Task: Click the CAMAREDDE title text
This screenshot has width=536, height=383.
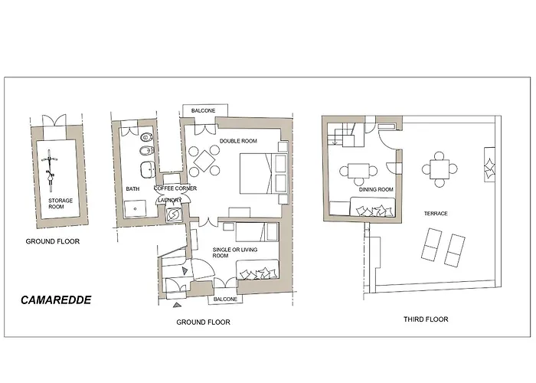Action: click(56, 300)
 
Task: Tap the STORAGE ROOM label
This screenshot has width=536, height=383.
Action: click(60, 204)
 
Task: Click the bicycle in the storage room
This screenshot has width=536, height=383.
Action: click(50, 170)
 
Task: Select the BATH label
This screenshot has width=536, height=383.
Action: click(132, 188)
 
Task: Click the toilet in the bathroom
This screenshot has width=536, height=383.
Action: click(147, 137)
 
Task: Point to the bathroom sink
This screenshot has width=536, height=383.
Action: click(148, 169)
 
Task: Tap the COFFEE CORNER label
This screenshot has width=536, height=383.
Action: click(175, 188)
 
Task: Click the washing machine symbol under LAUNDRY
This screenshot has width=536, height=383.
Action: click(173, 214)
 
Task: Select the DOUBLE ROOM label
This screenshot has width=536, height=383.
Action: click(238, 141)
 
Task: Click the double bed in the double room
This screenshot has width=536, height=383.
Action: click(263, 173)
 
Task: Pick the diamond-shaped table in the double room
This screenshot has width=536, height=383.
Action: click(204, 161)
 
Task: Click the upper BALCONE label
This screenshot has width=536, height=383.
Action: click(203, 110)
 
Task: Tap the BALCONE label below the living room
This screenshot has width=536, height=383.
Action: click(225, 299)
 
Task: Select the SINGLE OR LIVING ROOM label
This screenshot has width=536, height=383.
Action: click(235, 253)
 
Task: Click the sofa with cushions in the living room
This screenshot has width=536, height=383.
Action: click(257, 270)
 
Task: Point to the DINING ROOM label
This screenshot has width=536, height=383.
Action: click(376, 189)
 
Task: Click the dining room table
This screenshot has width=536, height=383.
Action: click(358, 171)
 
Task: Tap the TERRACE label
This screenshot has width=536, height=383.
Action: click(436, 214)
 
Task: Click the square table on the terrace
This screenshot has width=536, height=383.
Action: click(440, 169)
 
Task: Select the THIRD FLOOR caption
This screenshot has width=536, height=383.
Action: click(426, 319)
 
